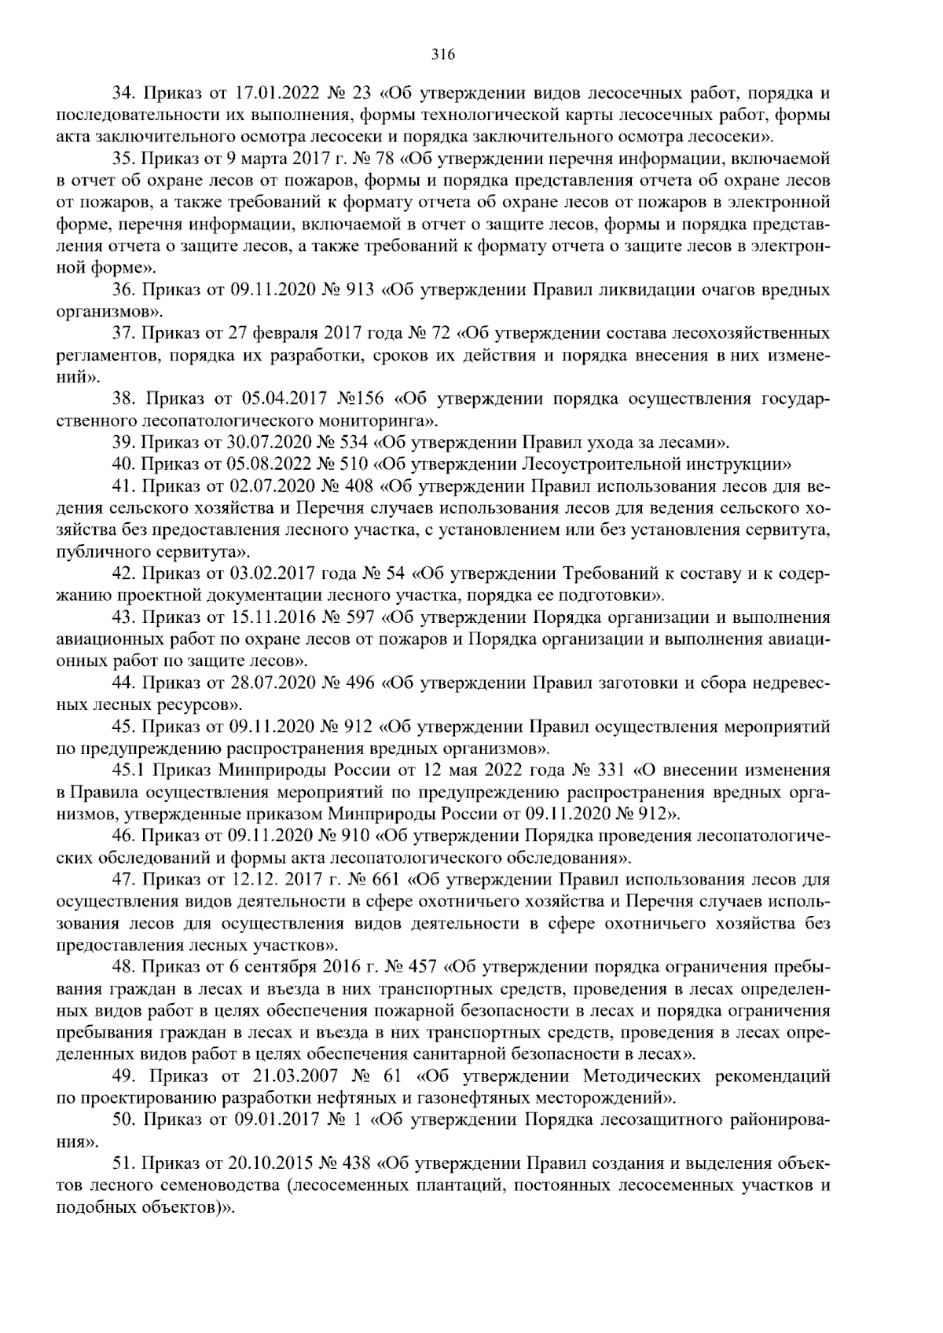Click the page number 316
443,54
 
